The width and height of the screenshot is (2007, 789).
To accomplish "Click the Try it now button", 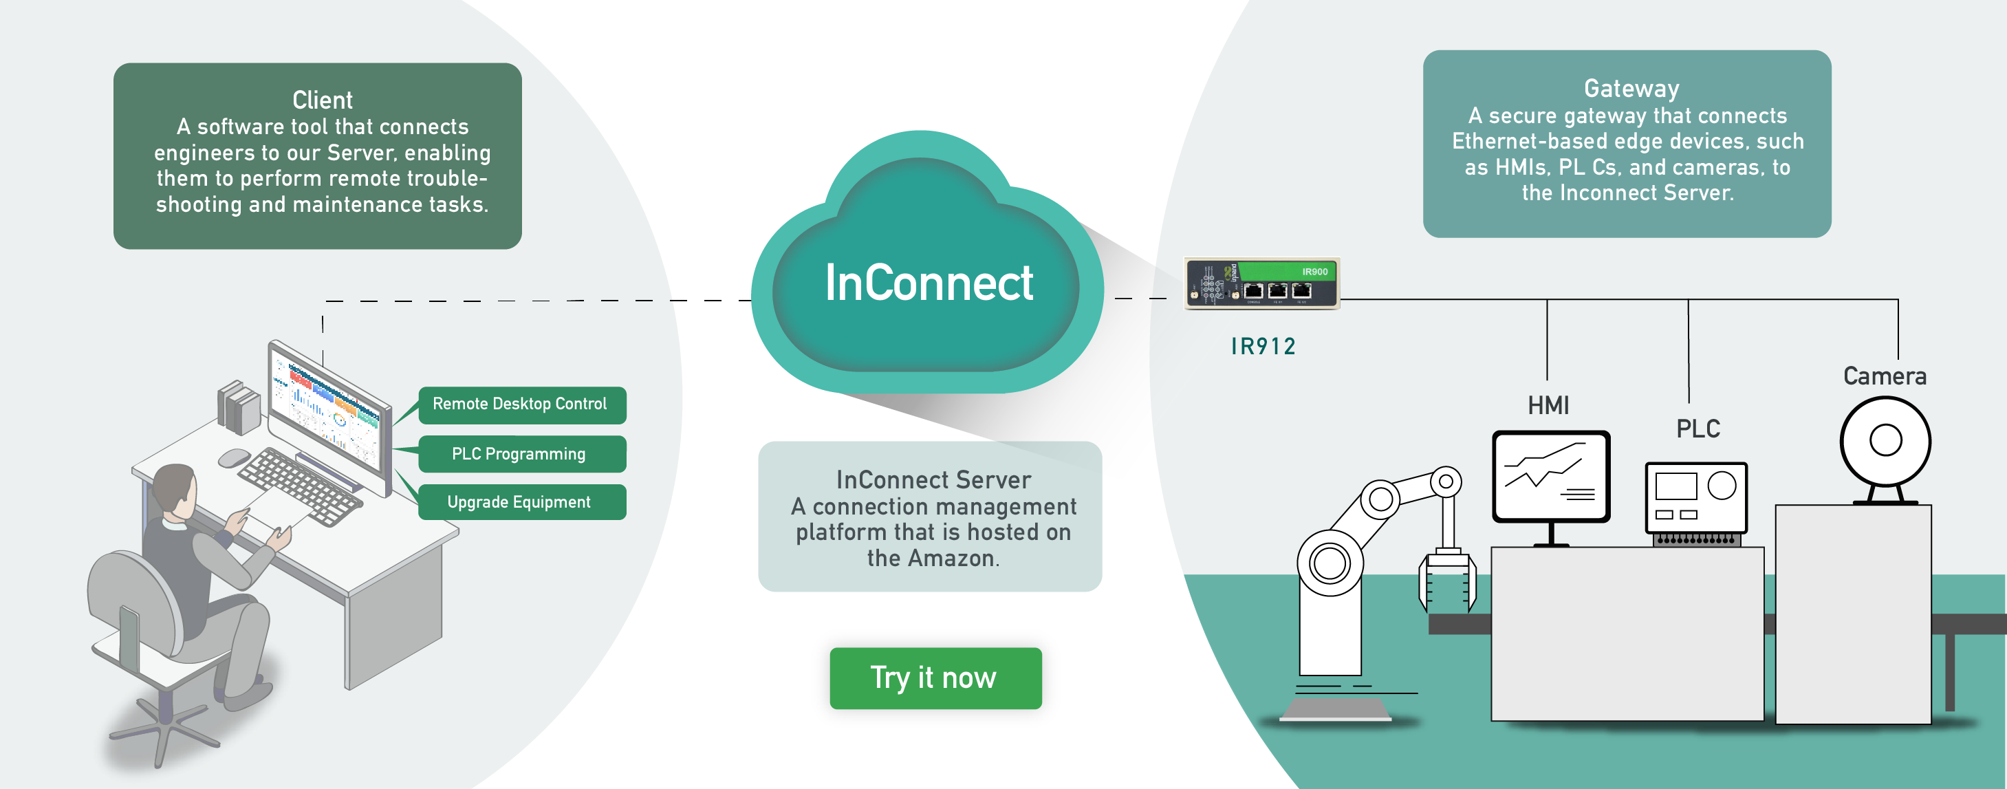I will click(x=935, y=678).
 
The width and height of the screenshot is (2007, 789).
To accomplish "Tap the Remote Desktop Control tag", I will click(x=521, y=404).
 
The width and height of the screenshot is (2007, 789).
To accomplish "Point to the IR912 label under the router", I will click(x=1263, y=347).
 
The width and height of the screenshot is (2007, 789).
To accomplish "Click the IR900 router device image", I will click(x=1261, y=283).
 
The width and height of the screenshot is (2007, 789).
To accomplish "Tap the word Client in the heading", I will click(x=322, y=100).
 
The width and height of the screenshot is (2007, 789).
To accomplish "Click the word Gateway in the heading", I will click(x=1631, y=89).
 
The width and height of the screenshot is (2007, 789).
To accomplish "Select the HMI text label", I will click(x=1548, y=406).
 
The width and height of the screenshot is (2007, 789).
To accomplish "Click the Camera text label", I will click(x=1884, y=377).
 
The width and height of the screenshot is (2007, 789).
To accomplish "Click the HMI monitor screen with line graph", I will click(x=1550, y=476).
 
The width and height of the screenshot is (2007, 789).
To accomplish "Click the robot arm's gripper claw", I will click(x=1447, y=581).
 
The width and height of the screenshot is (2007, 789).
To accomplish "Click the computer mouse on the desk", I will click(x=233, y=458).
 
